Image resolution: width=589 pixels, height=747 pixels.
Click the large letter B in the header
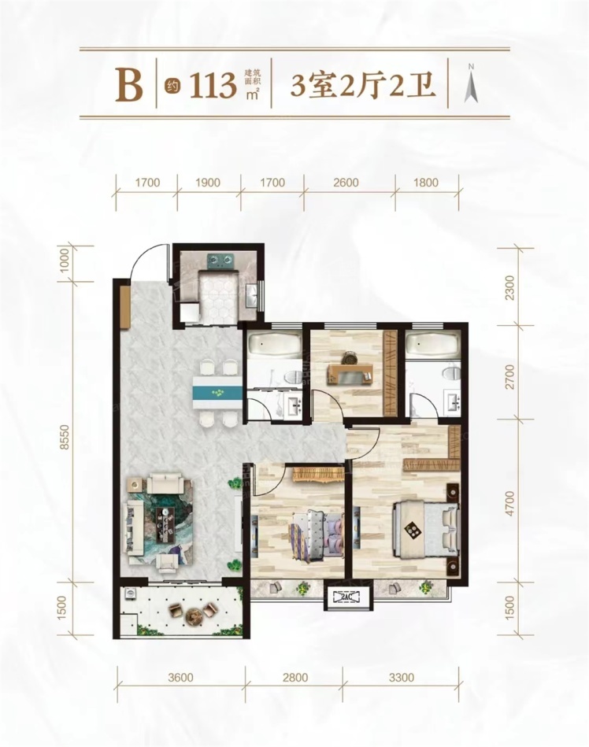tap(130, 85)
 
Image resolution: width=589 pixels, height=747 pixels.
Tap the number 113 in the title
tap(214, 86)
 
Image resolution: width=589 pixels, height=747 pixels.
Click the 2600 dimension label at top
tap(346, 183)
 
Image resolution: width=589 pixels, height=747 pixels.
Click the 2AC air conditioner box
tap(347, 597)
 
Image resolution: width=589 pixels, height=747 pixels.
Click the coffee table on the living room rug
tap(166, 523)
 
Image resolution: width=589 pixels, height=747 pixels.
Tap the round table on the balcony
tap(194, 615)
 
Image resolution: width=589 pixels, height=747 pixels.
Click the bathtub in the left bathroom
tap(274, 343)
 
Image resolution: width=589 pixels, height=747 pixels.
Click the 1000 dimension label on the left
tap(66, 261)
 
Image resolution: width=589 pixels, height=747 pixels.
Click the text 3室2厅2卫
tap(363, 86)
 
